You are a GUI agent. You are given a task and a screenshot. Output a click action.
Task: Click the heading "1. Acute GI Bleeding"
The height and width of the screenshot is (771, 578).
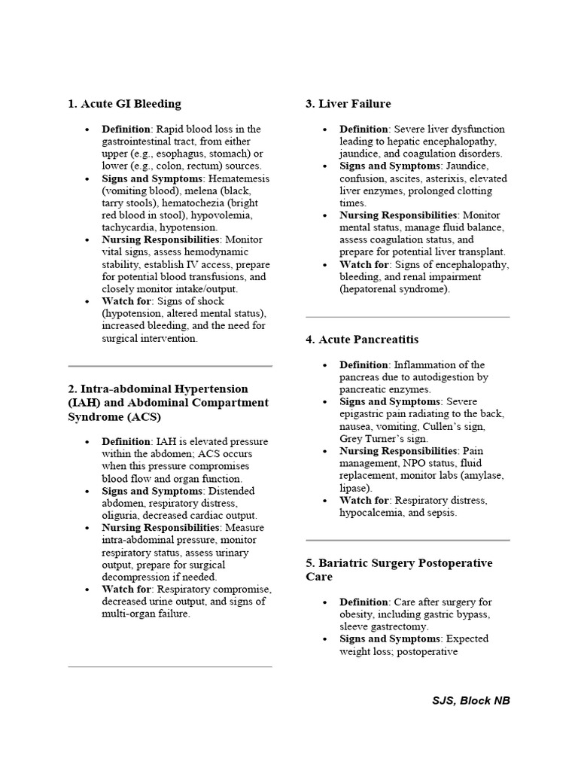point(124,104)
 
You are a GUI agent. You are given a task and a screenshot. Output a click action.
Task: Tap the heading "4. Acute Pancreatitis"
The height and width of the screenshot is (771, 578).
point(361,340)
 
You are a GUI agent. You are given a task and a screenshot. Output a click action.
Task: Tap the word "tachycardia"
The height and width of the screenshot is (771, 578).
point(130,227)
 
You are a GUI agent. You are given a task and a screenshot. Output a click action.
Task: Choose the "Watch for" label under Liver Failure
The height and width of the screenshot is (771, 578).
point(364,265)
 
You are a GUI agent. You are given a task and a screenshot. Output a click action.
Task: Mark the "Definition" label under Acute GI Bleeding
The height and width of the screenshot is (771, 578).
point(126,129)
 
